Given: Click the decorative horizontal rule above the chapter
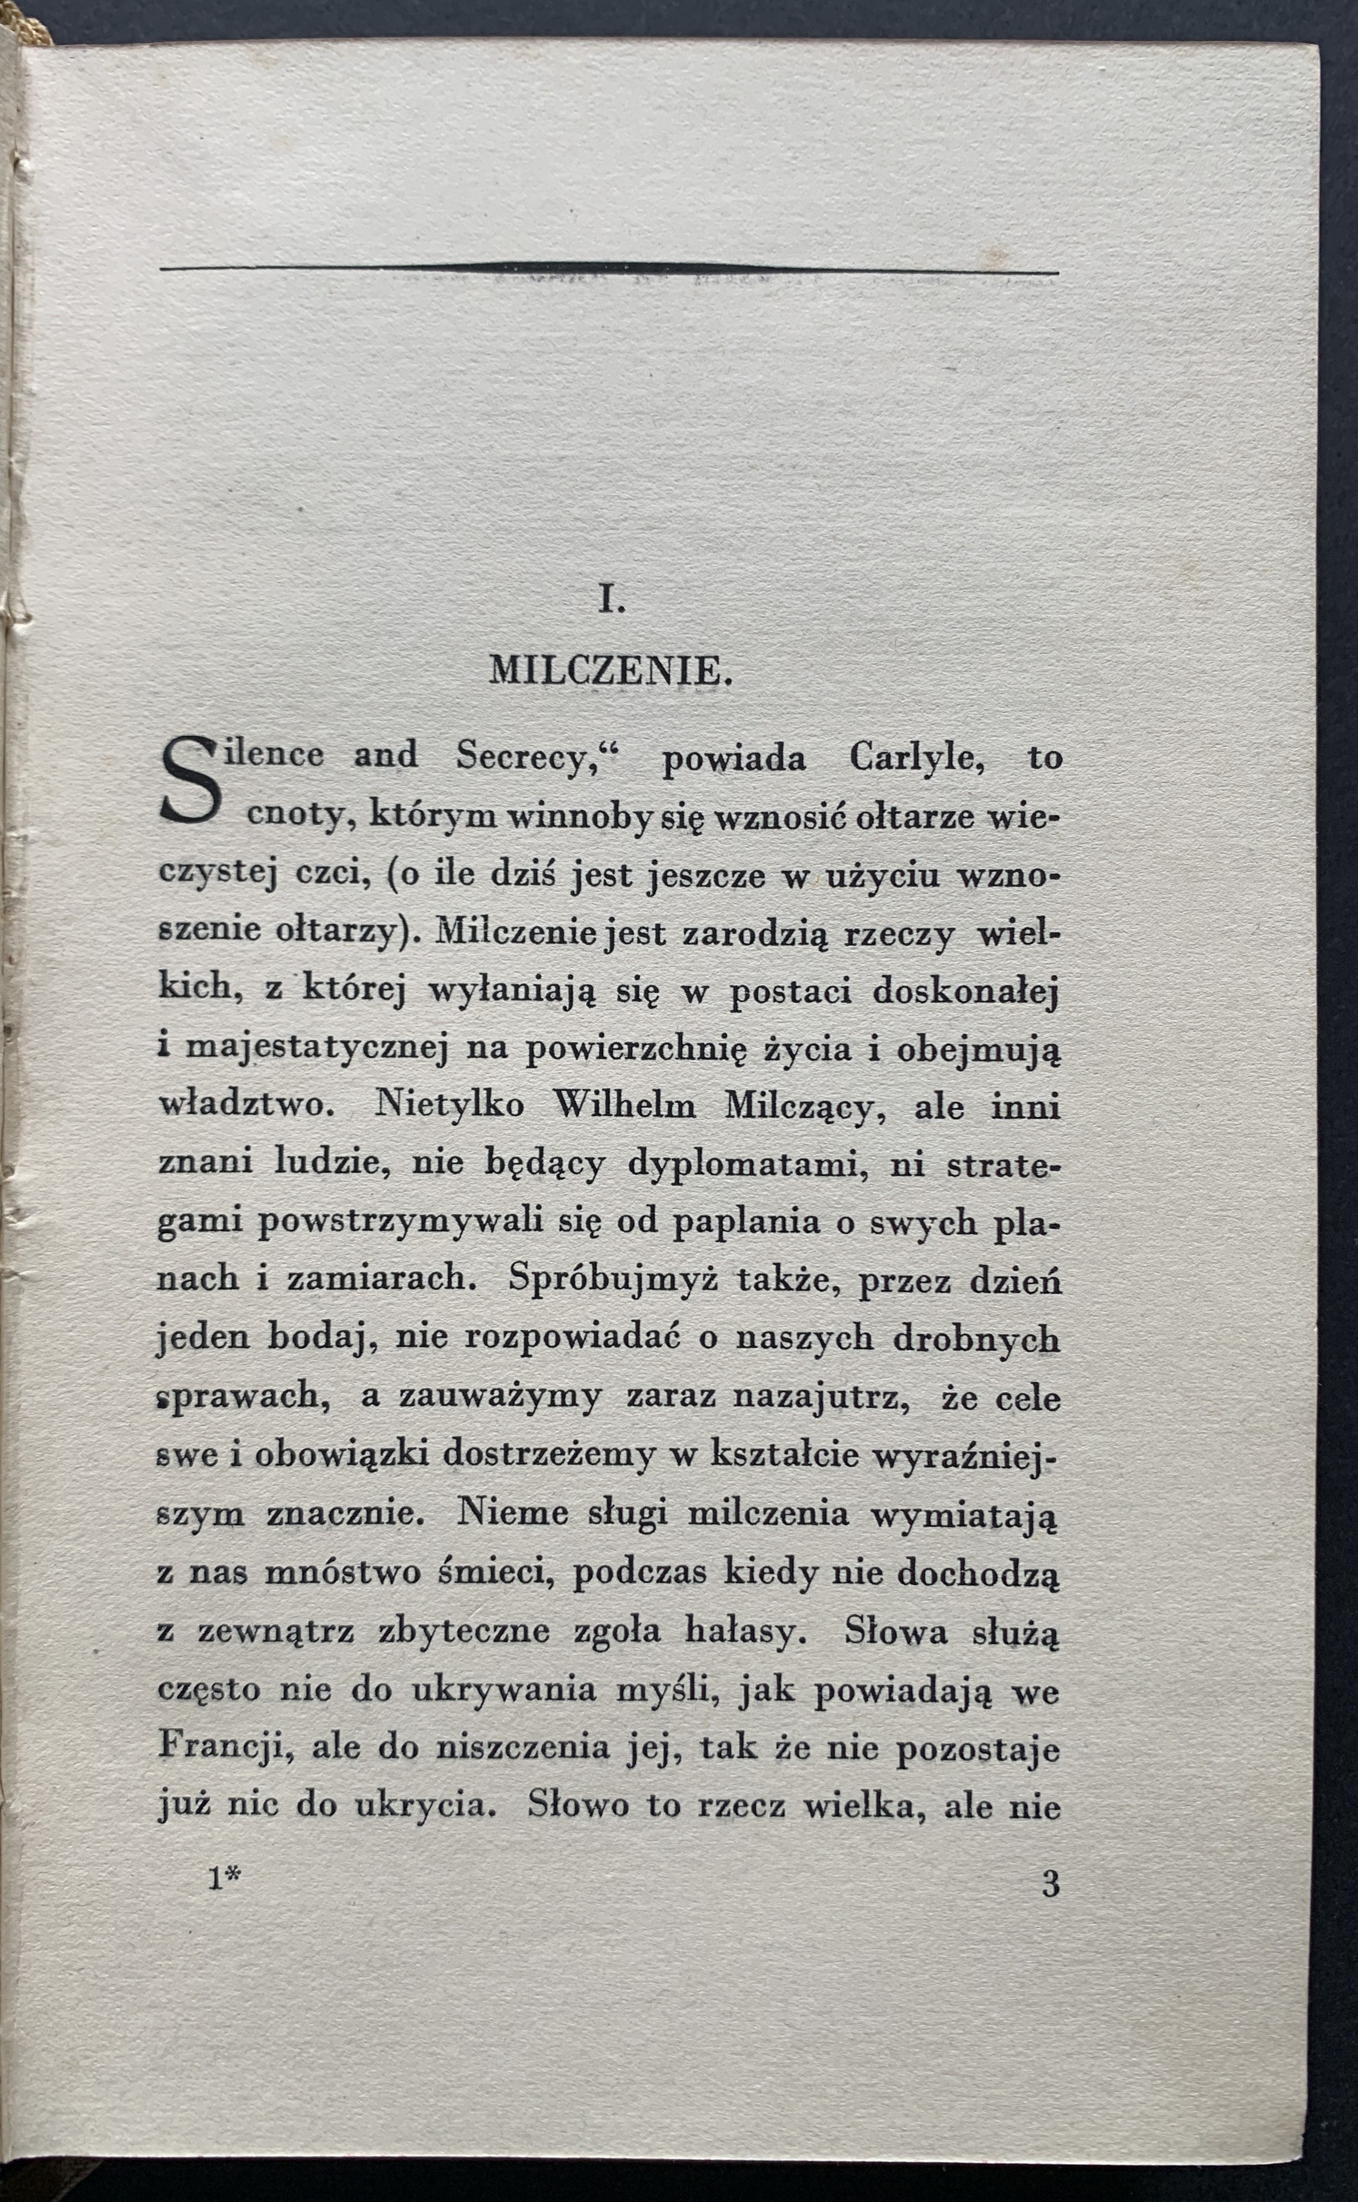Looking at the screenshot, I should pyautogui.click(x=608, y=268).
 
